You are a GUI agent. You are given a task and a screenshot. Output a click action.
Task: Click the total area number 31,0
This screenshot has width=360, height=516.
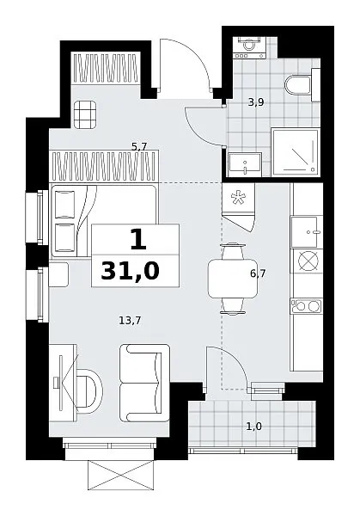(x=131, y=272)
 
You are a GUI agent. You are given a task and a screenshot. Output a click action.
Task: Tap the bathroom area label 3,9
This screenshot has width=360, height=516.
(x=256, y=102)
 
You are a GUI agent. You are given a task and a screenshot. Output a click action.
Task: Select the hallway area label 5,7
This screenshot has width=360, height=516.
(x=139, y=147)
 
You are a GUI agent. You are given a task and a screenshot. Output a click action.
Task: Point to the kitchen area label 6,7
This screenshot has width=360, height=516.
(x=258, y=273)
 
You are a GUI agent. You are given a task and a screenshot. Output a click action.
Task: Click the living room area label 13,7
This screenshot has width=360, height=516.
(x=130, y=320)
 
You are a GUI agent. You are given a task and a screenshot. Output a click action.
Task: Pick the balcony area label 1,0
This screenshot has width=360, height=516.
(x=254, y=427)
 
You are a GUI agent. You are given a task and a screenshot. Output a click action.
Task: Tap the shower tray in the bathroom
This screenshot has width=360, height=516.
(x=296, y=152)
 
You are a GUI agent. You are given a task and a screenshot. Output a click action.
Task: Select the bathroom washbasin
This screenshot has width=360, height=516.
(x=245, y=164)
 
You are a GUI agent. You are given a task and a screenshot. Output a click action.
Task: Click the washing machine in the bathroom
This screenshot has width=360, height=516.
(x=249, y=47)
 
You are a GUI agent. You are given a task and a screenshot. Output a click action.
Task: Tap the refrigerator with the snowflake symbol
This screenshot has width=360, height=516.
(x=238, y=207)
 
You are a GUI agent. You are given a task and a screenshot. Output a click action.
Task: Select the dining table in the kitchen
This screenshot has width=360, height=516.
(x=233, y=279)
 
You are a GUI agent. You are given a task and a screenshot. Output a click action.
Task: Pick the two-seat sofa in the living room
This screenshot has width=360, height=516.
(x=144, y=383)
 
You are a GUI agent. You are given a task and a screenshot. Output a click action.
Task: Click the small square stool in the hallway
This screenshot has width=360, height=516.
(x=85, y=114)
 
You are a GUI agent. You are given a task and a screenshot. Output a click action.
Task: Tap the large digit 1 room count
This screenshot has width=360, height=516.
(x=138, y=239)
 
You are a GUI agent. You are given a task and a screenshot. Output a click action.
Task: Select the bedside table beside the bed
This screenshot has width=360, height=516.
(x=58, y=274)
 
